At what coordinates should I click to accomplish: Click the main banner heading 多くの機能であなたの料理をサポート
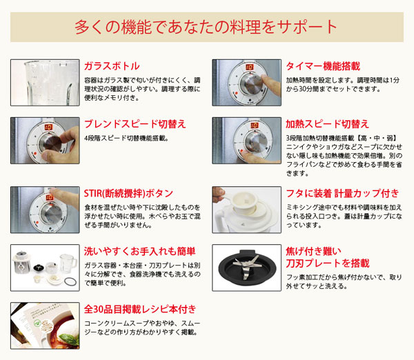click(x=206, y=27)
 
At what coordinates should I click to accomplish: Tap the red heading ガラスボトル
click(x=111, y=66)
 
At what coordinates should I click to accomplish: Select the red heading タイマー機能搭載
click(x=322, y=66)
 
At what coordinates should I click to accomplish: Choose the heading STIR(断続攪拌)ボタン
click(x=128, y=193)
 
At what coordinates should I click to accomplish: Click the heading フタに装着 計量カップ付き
click(x=342, y=193)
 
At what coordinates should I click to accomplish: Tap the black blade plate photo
click(x=246, y=266)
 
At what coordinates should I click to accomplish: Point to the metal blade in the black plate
click(x=246, y=264)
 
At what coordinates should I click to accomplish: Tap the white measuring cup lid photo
click(x=246, y=208)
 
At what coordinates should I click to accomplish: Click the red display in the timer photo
click(x=249, y=68)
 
